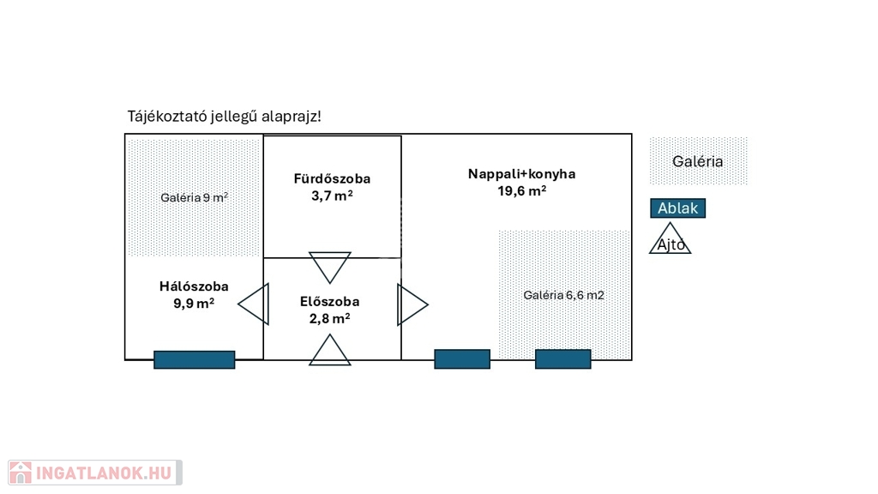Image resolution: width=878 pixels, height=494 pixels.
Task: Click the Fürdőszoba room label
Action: [x=332, y=179]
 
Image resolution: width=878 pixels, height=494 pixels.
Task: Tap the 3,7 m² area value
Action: [x=332, y=196]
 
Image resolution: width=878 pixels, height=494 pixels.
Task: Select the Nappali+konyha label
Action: [x=521, y=174]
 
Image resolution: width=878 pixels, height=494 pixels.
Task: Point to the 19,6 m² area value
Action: [x=521, y=190]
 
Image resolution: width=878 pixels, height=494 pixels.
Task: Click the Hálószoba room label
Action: [x=194, y=286]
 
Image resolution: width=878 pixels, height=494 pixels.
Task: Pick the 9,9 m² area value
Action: [x=194, y=303]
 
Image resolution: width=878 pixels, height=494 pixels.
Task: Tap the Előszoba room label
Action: [x=330, y=302]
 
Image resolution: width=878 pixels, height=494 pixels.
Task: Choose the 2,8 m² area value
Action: [x=330, y=318]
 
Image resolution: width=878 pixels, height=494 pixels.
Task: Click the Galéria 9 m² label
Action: [x=194, y=197]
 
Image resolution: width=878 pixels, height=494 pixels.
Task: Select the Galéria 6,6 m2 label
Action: [x=563, y=295]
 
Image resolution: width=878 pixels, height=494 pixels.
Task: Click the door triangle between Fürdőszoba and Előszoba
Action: [x=330, y=267]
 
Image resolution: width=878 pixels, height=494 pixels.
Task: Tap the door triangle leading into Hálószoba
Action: [x=255, y=304]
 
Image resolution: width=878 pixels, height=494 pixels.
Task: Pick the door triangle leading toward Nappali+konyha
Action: [x=412, y=304]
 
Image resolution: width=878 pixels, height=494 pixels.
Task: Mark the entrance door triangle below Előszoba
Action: [x=330, y=351]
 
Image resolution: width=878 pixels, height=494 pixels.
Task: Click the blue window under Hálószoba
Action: [x=194, y=360]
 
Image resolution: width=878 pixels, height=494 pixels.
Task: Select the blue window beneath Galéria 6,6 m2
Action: [x=562, y=359]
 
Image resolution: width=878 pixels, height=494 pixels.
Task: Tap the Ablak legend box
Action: [x=677, y=208]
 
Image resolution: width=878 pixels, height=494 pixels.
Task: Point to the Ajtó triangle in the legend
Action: [x=670, y=240]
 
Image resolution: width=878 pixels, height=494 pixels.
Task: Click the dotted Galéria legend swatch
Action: [x=698, y=161]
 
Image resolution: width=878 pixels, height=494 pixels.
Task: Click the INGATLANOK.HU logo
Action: [x=94, y=473]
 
